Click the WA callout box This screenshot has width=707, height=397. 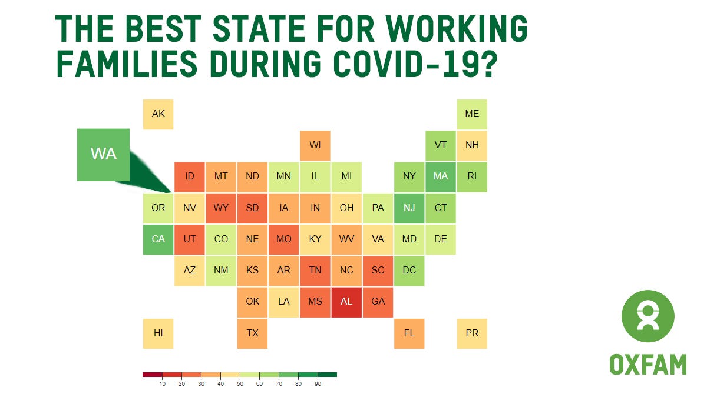point(103,155)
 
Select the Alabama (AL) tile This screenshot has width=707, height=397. point(346,302)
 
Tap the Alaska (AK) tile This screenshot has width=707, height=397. point(158,114)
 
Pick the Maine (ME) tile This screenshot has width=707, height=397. point(472,114)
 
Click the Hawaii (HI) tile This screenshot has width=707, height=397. point(158,333)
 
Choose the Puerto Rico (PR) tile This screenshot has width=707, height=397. point(472,333)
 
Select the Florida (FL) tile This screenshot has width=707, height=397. point(409,333)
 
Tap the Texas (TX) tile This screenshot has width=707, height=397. point(252,333)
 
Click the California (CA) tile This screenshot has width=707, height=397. point(158,239)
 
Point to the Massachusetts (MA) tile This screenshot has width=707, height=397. point(441,176)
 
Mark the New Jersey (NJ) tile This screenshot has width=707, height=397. point(409,208)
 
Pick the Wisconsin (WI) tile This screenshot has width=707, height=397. point(315,145)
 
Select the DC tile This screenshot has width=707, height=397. point(409,271)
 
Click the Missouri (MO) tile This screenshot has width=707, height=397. point(283,239)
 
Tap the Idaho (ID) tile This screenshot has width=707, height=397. point(189,176)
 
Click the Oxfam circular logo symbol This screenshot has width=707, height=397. point(647,316)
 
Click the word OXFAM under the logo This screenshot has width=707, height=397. point(647,365)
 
